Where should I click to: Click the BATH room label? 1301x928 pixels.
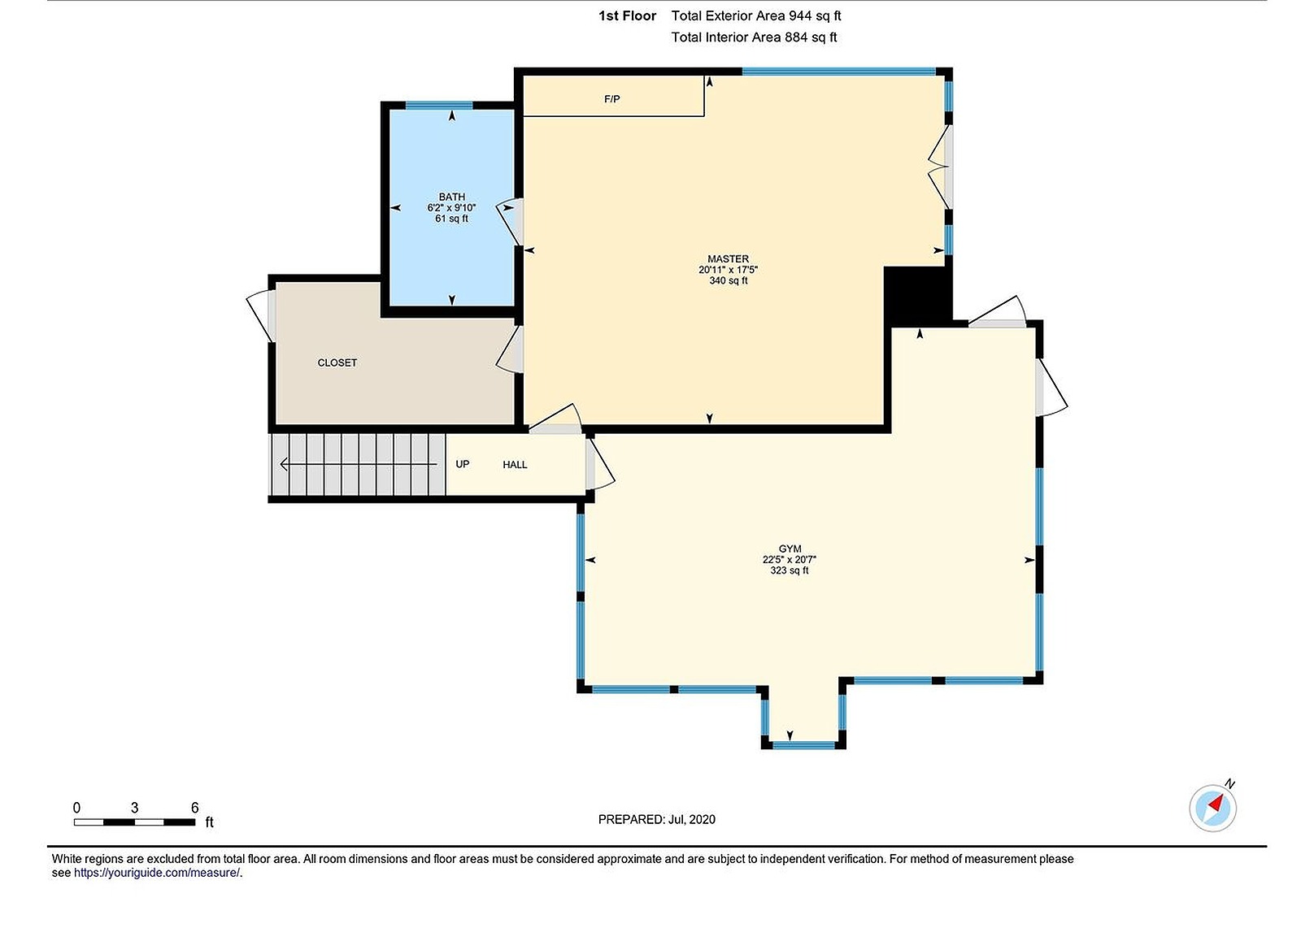(x=451, y=197)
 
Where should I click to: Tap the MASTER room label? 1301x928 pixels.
(x=728, y=259)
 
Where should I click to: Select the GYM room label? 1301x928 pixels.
(x=790, y=549)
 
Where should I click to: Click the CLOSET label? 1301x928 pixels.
(x=337, y=362)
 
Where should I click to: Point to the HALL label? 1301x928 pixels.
(x=515, y=465)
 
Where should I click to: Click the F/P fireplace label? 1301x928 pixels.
(x=612, y=99)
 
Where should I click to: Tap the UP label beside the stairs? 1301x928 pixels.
(x=462, y=464)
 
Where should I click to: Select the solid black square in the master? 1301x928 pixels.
(x=916, y=294)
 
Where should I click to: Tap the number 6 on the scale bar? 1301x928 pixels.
(x=194, y=807)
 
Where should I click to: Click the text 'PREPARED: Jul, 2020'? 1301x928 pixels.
(x=656, y=819)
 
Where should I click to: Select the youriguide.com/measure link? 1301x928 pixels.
(x=157, y=873)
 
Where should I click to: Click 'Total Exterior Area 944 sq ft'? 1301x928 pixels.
(x=755, y=15)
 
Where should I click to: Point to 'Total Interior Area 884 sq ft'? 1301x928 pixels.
(x=754, y=37)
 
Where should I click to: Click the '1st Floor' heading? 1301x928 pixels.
(x=627, y=15)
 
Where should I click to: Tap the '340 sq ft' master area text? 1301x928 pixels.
(x=728, y=280)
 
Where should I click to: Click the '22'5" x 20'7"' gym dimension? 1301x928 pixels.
(x=789, y=560)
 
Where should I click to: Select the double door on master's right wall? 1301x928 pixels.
(x=942, y=167)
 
